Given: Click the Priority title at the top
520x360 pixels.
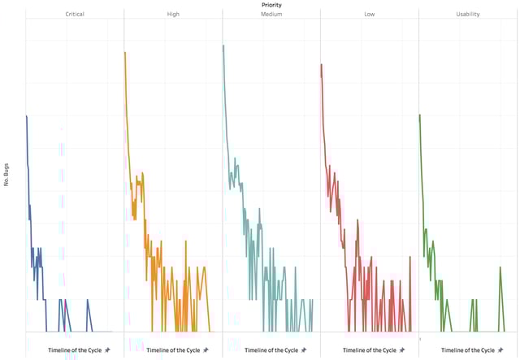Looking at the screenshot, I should [x=272, y=4].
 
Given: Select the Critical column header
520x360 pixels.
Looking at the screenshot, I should [x=75, y=15].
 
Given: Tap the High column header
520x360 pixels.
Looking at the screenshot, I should [x=173, y=15].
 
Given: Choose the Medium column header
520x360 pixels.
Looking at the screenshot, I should [x=271, y=15].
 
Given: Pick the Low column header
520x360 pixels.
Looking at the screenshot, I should [x=370, y=15].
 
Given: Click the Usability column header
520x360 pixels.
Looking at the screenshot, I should [x=469, y=15].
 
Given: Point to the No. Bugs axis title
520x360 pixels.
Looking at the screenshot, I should [x=6, y=179].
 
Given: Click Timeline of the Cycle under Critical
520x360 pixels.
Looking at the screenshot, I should [x=69, y=350].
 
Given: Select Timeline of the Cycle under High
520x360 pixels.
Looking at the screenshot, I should [x=167, y=350].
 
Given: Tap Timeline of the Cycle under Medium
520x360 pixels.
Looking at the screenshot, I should [x=266, y=350].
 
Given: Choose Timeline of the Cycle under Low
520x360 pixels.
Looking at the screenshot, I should [x=364, y=350].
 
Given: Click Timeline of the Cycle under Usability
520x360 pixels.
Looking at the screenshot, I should [x=462, y=350].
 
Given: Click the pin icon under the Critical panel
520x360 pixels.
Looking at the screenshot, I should [x=107, y=350].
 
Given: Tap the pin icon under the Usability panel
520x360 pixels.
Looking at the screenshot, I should [x=500, y=350].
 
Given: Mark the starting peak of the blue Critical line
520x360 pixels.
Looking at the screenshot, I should [x=26, y=116].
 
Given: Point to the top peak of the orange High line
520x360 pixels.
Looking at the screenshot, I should [x=125, y=53].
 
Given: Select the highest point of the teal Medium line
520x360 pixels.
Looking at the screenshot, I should [x=223, y=46].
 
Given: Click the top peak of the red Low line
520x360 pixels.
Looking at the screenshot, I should [x=322, y=64].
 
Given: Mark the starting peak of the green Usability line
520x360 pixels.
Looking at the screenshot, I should [x=419, y=115].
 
